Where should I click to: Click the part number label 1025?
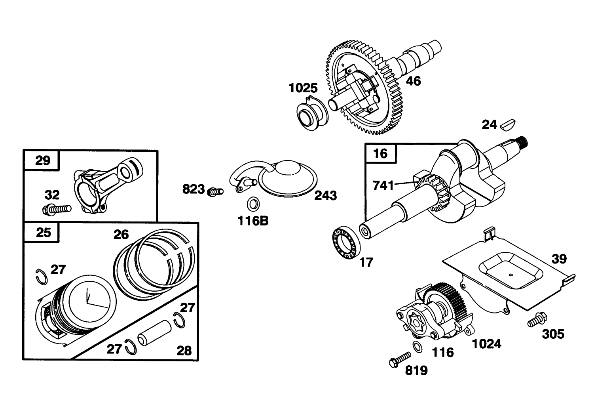pyautogui.click(x=303, y=88)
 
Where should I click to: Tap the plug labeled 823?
pyautogui.click(x=215, y=191)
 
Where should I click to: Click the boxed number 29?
pyautogui.click(x=43, y=160)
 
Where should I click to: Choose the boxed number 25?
pyautogui.click(x=43, y=232)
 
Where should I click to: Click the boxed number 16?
pyautogui.click(x=380, y=153)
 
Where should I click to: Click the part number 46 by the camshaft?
pyautogui.click(x=414, y=81)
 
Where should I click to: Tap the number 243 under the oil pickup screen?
pyautogui.click(x=326, y=195)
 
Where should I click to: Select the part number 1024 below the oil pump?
pyautogui.click(x=486, y=344)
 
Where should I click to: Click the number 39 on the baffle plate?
pyautogui.click(x=559, y=259)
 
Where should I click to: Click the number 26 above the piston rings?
pyautogui.click(x=121, y=235)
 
